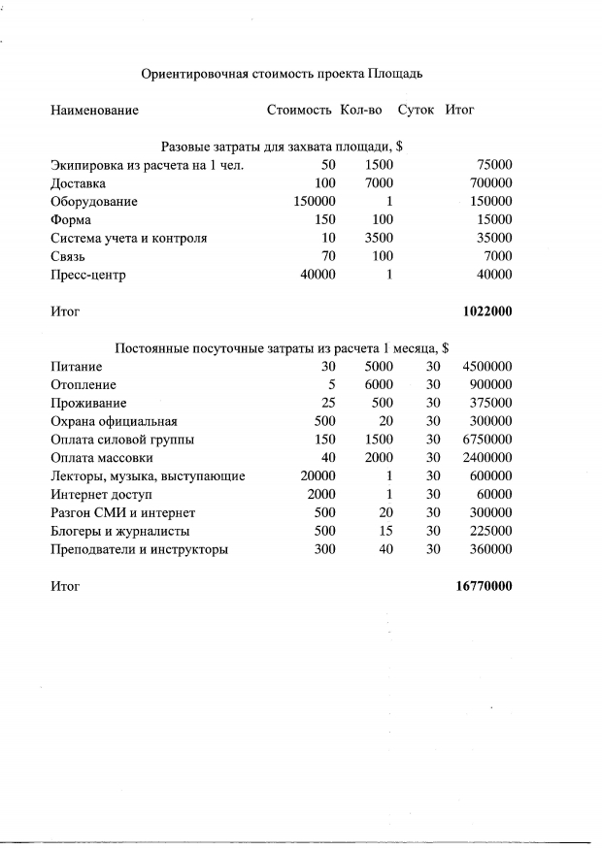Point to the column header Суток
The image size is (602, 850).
coord(418,111)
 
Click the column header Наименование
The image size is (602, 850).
coord(94,111)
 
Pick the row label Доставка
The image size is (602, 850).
coord(79,183)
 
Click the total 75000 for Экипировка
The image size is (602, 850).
coord(489,165)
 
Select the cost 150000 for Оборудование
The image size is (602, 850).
coord(314,202)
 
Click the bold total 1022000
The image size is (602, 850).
coord(487,312)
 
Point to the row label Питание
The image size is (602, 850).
coord(77,367)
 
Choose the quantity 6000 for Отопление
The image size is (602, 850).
coord(378,385)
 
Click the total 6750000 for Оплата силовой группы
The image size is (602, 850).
coord(484,440)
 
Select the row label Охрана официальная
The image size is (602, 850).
coord(114,421)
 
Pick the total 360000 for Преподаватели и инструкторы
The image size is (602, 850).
coord(487,549)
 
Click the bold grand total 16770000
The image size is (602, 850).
coord(484,586)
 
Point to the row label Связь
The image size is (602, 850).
coord(70,256)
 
